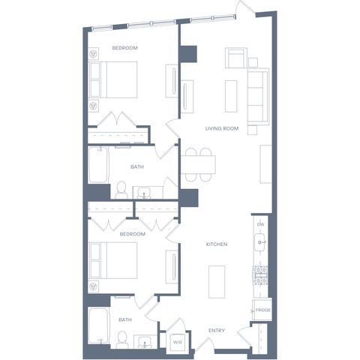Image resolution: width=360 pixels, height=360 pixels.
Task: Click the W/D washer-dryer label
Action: coord(178,342)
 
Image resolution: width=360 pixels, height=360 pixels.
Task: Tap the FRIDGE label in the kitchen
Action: coord(263,310)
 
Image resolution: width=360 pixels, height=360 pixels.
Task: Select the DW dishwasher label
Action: coord(260,224)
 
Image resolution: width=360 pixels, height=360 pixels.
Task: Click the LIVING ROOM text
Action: coord(222,128)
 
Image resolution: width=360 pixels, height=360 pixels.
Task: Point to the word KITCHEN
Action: coord(217,244)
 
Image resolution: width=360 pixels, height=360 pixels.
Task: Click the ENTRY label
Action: coord(217,331)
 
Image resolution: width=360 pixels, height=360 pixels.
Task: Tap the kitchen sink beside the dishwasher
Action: coord(259,242)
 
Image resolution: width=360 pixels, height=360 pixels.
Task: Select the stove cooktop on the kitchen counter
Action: coord(260,275)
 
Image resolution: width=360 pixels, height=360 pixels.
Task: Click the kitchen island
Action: coord(217,282)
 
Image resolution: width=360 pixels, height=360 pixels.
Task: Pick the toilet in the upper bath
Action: coord(121,190)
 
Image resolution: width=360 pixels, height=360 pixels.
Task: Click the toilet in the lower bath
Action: coord(122,340)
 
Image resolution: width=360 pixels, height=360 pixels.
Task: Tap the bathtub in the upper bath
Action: coord(98,165)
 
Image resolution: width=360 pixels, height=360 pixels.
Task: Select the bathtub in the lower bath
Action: coord(98,325)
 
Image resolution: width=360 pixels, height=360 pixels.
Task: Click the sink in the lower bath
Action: coord(145,342)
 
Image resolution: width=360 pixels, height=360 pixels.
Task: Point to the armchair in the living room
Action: coord(235,58)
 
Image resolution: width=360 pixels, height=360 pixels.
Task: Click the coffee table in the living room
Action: coord(231,96)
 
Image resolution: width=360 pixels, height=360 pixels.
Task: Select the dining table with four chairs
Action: coord(198,164)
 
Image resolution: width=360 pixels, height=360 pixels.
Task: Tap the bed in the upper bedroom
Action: coord(113,79)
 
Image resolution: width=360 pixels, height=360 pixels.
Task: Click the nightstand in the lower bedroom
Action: coord(94,286)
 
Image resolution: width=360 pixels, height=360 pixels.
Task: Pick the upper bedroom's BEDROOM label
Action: coord(125,48)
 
